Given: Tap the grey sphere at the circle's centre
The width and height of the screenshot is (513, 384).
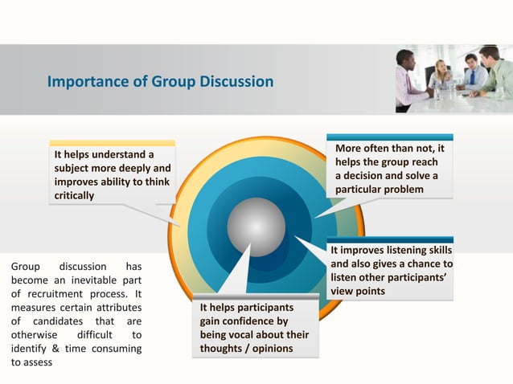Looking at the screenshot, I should [x=256, y=226].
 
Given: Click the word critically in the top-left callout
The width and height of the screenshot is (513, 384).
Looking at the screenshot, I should [x=74, y=196].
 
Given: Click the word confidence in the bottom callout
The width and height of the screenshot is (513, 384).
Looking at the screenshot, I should [x=239, y=321].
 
